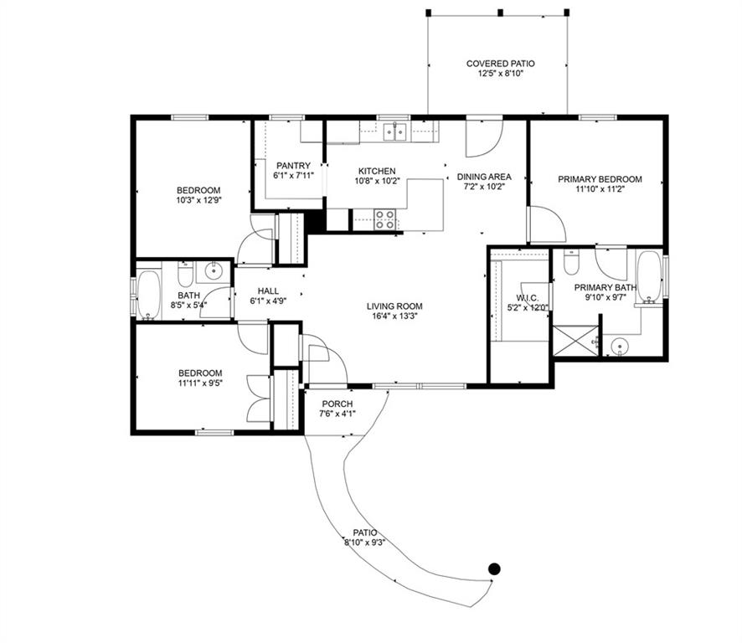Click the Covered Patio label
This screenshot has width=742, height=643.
coord(500,64)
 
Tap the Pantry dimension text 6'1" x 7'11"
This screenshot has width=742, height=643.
coord(293,176)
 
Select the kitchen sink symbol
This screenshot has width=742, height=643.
coord(395,131)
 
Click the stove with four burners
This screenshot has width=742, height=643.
coord(384,220)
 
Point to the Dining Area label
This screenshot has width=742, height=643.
coord(484,177)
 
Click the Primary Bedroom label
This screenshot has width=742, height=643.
coord(600,179)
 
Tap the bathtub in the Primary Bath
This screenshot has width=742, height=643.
coord(649,276)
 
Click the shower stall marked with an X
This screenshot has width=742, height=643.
coord(576,340)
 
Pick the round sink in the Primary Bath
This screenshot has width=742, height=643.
coord(620,347)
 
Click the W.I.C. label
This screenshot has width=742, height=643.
coord(527,297)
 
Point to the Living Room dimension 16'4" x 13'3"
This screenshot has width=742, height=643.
coord(394,316)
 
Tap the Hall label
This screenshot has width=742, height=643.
coord(268,291)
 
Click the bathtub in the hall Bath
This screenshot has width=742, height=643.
coord(149,295)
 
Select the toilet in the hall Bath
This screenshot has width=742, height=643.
coord(185,274)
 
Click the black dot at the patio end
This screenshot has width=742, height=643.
coord(494,568)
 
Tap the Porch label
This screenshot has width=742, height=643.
coord(338,404)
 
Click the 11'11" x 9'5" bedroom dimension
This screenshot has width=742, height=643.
coord(200,383)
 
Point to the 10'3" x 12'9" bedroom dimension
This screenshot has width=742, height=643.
coord(198,200)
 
